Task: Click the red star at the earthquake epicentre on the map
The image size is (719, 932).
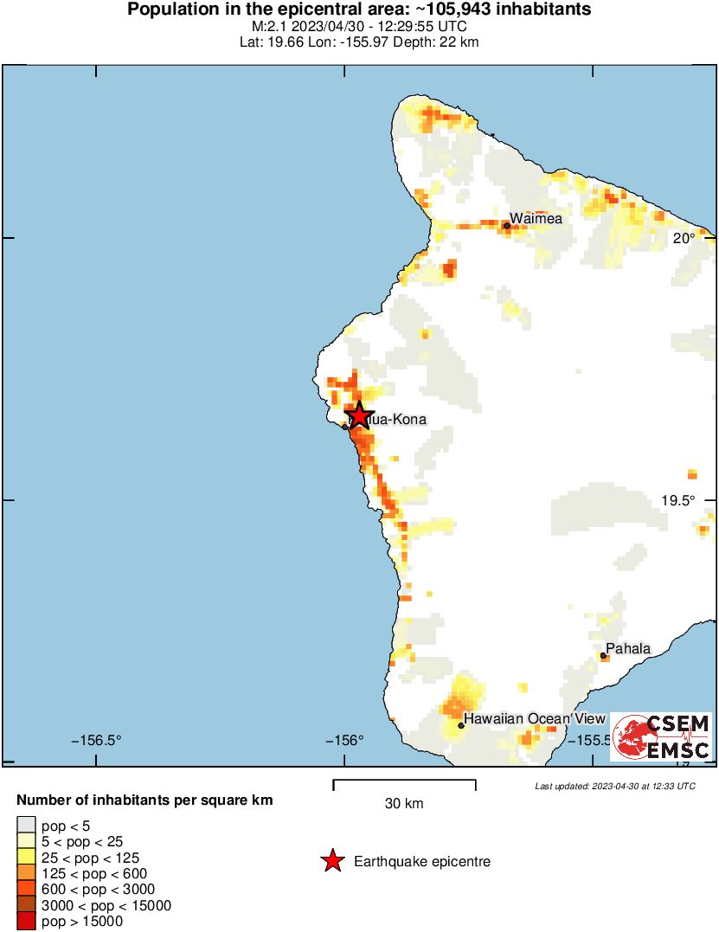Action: (359, 416)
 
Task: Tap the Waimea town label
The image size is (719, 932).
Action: (536, 218)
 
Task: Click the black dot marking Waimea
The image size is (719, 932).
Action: (506, 226)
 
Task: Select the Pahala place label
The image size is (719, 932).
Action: (628, 648)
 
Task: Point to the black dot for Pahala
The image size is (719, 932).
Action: (603, 656)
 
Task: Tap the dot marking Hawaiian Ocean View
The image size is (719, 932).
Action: (461, 725)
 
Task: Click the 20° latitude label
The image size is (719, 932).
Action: (684, 238)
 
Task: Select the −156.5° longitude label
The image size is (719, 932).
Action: (96, 741)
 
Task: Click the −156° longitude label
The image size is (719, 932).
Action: (343, 741)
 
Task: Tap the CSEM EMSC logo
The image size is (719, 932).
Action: (661, 737)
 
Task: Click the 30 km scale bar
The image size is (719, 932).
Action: (404, 784)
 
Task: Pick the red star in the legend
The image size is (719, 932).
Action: (331, 861)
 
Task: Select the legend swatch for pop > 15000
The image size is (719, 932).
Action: (27, 922)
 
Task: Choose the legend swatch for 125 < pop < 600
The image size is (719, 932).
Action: (27, 873)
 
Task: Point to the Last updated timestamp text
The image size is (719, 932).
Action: (614, 786)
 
